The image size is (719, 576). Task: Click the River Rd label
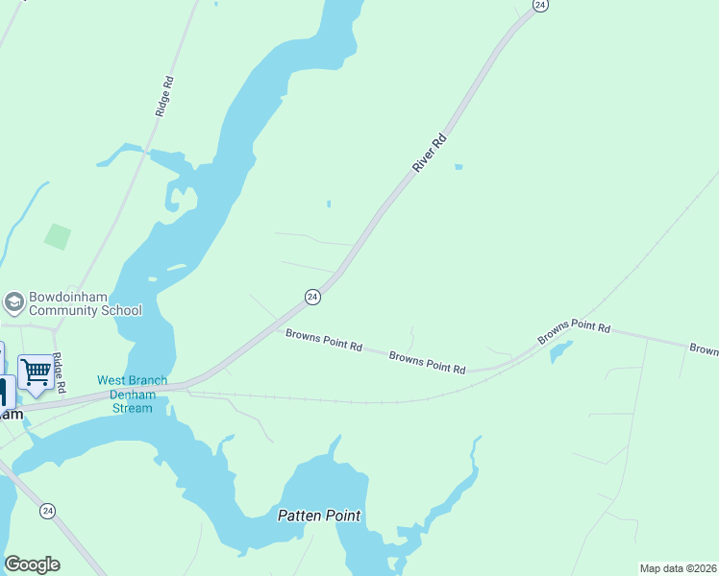click(431, 154)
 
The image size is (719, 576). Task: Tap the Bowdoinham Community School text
click(86, 303)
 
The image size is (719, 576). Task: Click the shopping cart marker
click(36, 371)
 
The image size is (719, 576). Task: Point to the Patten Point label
click(319, 516)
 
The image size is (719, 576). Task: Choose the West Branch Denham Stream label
click(132, 395)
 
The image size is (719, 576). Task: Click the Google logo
click(32, 564)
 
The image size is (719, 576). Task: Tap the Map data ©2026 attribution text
click(678, 568)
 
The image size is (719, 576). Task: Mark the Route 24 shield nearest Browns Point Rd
click(312, 298)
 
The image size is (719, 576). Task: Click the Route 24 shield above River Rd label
click(540, 6)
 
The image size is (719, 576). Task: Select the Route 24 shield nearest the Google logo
click(47, 512)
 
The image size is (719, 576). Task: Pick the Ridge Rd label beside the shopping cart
click(60, 372)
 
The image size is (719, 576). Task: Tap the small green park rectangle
click(58, 235)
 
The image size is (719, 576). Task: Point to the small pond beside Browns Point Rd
click(558, 353)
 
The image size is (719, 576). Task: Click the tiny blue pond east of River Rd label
click(459, 168)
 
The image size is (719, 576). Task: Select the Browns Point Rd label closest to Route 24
click(323, 340)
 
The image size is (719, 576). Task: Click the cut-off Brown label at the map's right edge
click(704, 349)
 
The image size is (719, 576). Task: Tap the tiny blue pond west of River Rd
click(328, 204)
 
